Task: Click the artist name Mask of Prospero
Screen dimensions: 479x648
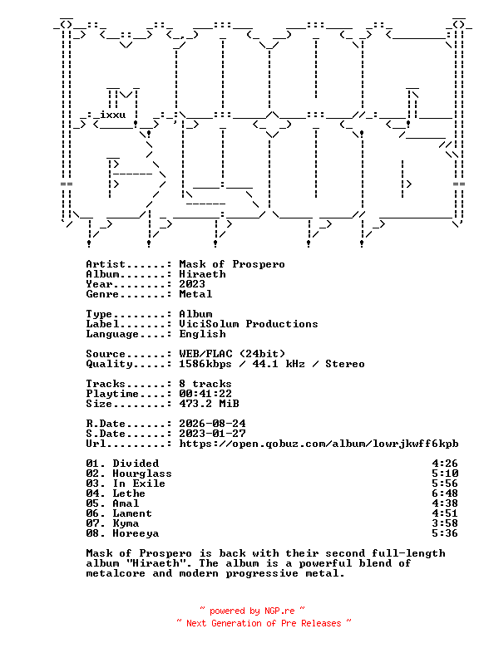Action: (x=232, y=264)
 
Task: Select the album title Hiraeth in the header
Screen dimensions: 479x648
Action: (x=202, y=274)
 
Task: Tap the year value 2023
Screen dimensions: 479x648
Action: (x=192, y=284)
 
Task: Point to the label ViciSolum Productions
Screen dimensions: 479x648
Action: (x=249, y=324)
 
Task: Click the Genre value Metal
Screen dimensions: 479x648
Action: (x=195, y=294)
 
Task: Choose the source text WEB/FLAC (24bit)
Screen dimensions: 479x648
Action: (x=232, y=354)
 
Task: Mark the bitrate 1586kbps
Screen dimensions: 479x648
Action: (x=205, y=364)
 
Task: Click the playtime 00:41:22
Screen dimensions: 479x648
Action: (x=205, y=394)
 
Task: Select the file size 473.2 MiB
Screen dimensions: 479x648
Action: (x=209, y=404)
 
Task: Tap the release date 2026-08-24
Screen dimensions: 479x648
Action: (x=212, y=424)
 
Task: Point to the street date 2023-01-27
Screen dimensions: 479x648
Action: (x=212, y=434)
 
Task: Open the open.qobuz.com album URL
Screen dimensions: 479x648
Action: (x=319, y=444)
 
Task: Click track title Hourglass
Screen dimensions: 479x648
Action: (x=142, y=474)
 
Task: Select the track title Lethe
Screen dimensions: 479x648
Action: (x=129, y=493)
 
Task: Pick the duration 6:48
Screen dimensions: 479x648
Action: (x=445, y=493)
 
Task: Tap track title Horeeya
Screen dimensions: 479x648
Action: (x=136, y=533)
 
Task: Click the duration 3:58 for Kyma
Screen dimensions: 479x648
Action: (x=445, y=523)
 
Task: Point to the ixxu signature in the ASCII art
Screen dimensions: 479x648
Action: (x=113, y=115)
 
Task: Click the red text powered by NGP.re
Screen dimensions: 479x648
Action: (x=252, y=611)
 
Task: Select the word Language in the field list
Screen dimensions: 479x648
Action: (x=112, y=333)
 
